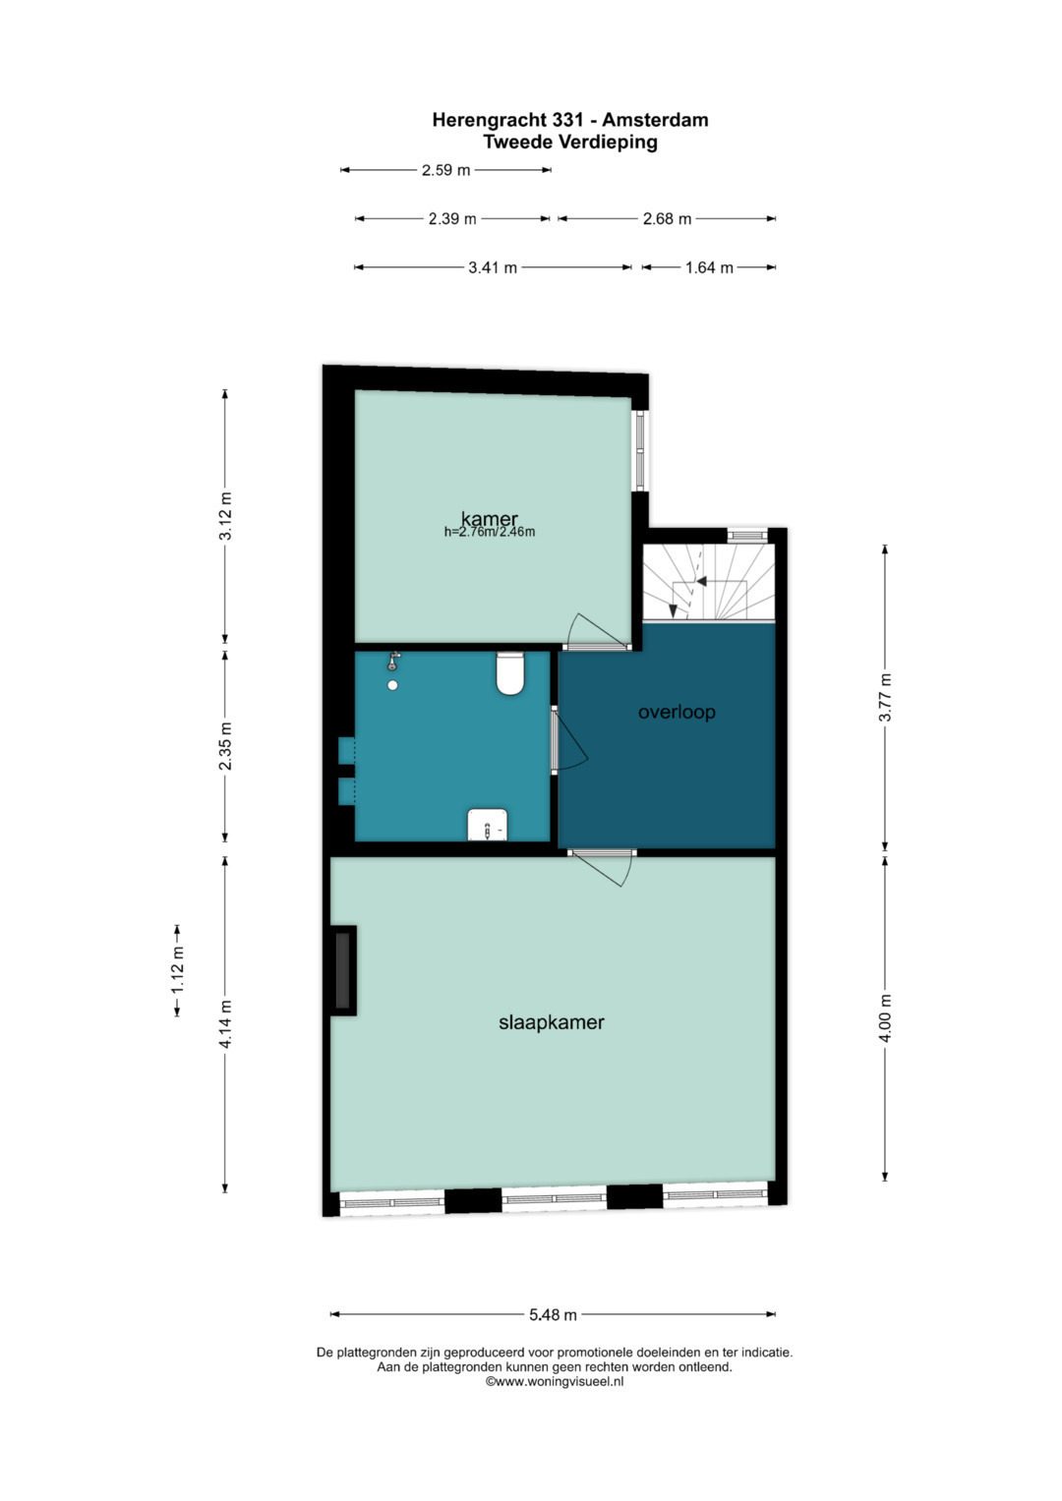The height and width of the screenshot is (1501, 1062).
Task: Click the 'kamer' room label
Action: coord(489,518)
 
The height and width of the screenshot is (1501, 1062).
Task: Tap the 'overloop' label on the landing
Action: coord(677,712)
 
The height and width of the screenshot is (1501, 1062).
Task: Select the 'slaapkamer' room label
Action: coord(551,1022)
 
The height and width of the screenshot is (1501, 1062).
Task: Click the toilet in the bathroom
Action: coord(510,673)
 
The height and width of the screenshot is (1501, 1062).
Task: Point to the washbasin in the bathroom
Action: coord(488,824)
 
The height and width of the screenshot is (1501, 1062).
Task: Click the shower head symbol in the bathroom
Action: coord(393,663)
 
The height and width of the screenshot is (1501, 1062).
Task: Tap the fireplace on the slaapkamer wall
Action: coord(342,969)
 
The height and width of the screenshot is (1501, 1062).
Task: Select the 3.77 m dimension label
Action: coord(885,697)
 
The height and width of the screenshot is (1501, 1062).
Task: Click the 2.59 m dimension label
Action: coord(445,170)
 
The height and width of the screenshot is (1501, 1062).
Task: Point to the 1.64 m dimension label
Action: coord(709,268)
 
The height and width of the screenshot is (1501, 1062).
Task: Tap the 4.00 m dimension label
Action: coord(885,1017)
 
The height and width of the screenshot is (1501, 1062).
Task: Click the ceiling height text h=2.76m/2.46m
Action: coord(490,533)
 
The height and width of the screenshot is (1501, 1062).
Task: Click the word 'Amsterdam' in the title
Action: coord(655,120)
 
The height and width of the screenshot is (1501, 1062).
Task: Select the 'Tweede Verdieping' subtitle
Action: coord(570,143)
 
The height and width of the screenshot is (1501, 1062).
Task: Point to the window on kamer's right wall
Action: coord(640,449)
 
